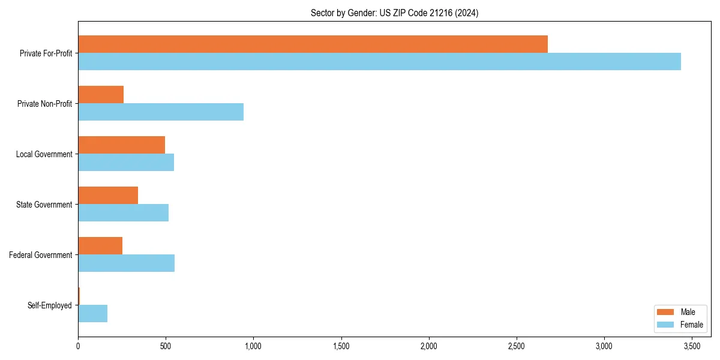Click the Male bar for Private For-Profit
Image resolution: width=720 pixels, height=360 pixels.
[x=313, y=44]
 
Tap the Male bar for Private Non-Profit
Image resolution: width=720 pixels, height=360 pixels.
[x=101, y=95]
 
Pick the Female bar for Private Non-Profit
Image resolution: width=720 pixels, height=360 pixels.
[x=161, y=112]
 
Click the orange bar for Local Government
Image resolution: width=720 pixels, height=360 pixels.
[x=121, y=145]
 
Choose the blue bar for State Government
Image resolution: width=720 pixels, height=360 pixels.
[x=123, y=213]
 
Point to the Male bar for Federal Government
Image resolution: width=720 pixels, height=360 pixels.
[x=100, y=246]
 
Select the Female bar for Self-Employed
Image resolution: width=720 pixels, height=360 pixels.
[x=92, y=314]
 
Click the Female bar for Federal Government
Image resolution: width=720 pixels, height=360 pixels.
[x=126, y=263]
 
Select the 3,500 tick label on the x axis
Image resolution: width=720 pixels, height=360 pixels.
[x=692, y=346]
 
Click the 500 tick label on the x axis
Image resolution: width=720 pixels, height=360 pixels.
[x=166, y=346]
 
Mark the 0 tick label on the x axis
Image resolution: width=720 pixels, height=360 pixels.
[x=78, y=346]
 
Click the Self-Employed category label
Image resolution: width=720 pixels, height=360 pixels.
[x=49, y=305]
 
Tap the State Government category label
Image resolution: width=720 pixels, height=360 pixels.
[x=44, y=205]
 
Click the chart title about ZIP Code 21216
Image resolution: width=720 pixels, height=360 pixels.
[x=394, y=13]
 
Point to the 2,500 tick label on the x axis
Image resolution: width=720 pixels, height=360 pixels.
[x=517, y=346]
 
